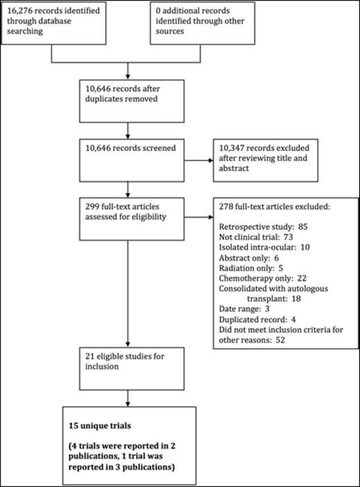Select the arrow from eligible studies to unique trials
[x=127, y=400]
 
